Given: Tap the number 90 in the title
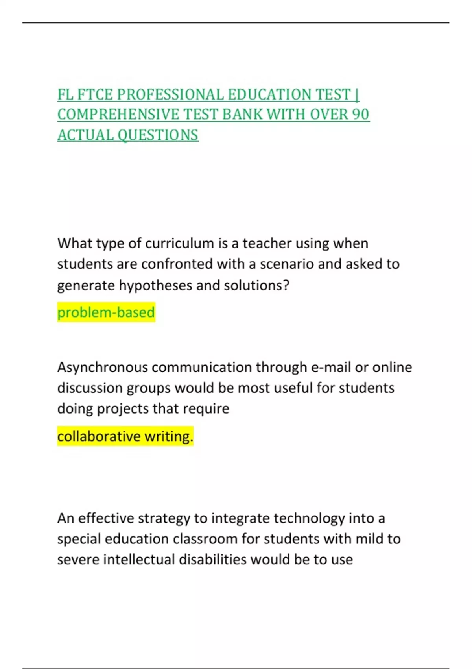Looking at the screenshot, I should pos(360,115).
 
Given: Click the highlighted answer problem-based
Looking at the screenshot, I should pos(106,312).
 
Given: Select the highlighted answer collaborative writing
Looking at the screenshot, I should pos(125,436).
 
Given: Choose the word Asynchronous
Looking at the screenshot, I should pos(103,368).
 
